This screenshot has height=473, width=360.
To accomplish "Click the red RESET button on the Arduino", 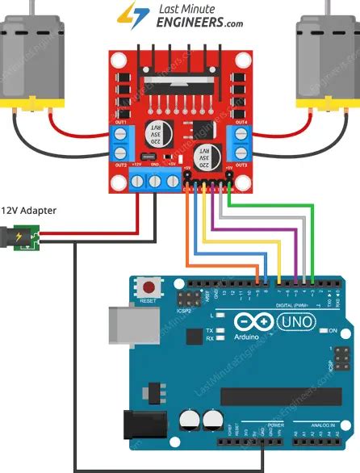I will pyautogui.click(x=149, y=287).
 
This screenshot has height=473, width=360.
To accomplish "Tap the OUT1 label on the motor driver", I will pyautogui.click(x=123, y=123).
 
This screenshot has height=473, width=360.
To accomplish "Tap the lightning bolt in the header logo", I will pyautogui.click(x=128, y=14).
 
